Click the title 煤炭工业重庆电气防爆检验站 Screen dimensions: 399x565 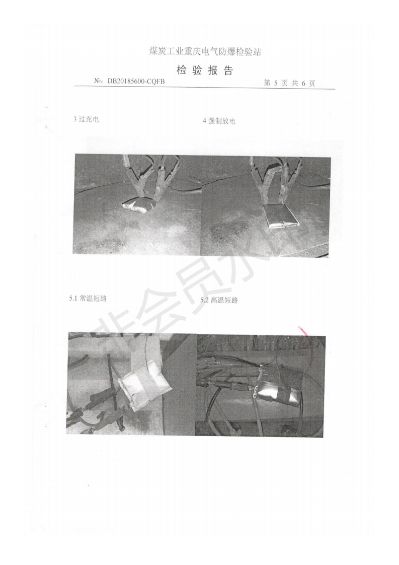205,51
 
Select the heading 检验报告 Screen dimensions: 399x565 205,70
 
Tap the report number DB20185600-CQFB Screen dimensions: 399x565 136,82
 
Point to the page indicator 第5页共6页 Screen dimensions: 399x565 289,83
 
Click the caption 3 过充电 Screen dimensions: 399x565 86,119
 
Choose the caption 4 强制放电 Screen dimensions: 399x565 219,121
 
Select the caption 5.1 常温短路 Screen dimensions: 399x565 88,298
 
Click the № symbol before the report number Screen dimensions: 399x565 98,82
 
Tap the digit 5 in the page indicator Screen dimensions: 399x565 276,83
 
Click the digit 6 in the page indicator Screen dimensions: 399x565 303,84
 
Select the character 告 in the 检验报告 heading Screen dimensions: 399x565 228,70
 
